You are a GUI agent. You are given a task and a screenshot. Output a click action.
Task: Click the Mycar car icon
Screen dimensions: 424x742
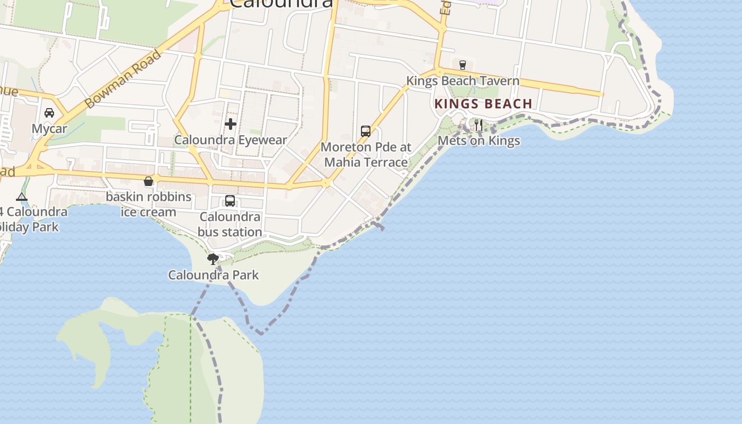[x=49, y=113]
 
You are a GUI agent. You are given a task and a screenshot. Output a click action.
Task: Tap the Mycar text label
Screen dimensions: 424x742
[x=49, y=129]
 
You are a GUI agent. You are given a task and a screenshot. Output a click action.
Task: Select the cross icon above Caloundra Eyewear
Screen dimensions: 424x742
[x=231, y=124]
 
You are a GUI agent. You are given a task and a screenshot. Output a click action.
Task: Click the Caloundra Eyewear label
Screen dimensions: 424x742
[x=231, y=140]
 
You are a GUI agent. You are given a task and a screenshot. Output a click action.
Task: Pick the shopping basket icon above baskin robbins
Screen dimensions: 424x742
[x=148, y=181]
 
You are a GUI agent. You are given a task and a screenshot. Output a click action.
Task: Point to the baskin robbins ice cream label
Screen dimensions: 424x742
[x=148, y=205]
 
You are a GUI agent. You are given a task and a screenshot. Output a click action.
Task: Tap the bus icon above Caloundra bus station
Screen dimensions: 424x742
[x=230, y=201]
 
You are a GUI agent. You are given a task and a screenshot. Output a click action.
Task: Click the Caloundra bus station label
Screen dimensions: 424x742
[x=230, y=224]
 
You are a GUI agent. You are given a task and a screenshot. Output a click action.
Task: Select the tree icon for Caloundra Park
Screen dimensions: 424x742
[x=213, y=259]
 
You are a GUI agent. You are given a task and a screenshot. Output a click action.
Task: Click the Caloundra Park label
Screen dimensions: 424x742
[x=214, y=275]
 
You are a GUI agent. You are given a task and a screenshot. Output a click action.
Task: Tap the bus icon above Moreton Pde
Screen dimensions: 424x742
[x=366, y=131]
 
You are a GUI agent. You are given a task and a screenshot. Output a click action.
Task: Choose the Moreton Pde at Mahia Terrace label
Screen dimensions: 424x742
[x=366, y=155]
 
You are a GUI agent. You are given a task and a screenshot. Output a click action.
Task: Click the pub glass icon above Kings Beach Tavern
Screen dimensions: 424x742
[x=463, y=65]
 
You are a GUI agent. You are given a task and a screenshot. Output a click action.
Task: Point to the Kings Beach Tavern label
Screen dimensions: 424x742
[x=463, y=81]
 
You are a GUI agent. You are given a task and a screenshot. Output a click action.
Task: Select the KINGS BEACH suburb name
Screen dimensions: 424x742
[x=483, y=104]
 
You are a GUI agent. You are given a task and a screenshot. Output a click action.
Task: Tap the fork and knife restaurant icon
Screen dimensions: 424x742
[x=479, y=125]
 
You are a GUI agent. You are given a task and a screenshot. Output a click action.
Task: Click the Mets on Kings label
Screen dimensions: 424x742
[x=479, y=141]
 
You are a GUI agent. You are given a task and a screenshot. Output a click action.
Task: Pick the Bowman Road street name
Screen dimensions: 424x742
[x=123, y=79]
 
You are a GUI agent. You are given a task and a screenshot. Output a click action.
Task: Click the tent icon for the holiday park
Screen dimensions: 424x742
[x=22, y=197]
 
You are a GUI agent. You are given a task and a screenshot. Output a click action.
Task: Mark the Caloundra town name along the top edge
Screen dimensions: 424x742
[x=281, y=4]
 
